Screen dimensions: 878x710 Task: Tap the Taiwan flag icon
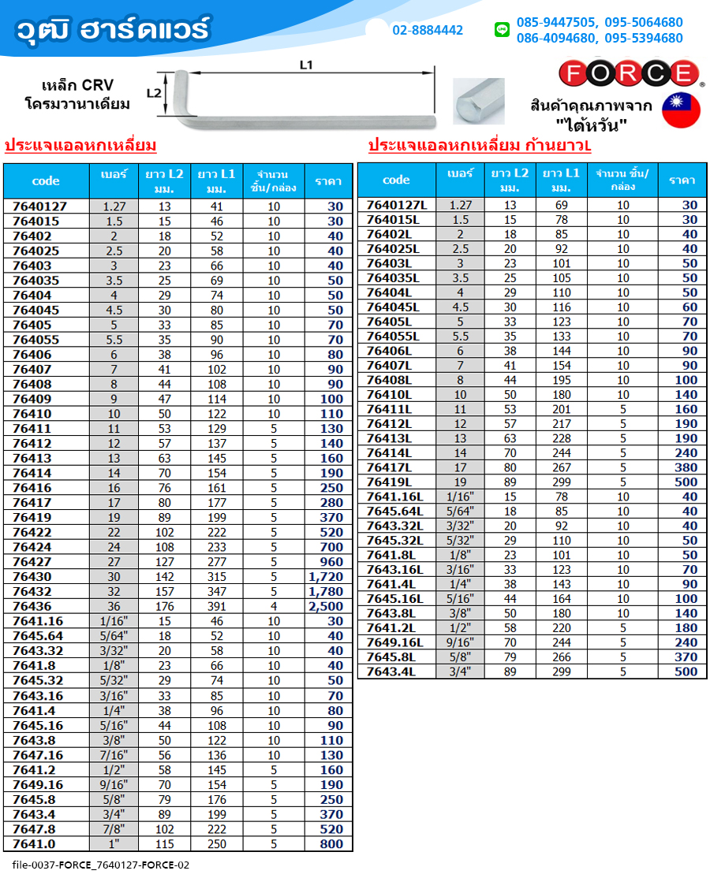681,110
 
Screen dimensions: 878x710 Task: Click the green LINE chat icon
502,30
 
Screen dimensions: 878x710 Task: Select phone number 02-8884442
428,31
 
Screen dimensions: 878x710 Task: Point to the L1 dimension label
307,65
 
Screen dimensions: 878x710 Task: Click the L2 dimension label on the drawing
155,93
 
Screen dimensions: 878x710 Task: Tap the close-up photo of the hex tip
479,102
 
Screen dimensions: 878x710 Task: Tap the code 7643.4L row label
390,672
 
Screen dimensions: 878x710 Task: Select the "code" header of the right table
396,180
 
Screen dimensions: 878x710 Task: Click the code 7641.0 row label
35,844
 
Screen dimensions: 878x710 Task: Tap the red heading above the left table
80,146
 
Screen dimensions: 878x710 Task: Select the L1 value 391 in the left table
216,606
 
